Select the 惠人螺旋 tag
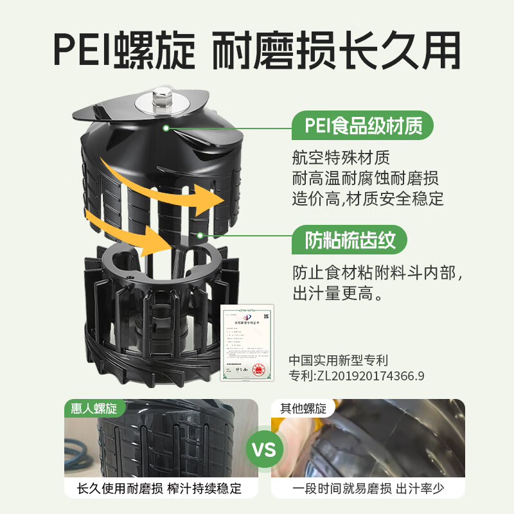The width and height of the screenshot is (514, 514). click(x=93, y=408)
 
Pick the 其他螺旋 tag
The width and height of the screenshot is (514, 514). click(x=303, y=408)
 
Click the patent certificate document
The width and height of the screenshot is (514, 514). click(x=247, y=343)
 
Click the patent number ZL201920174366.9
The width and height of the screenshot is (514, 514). click(x=357, y=376)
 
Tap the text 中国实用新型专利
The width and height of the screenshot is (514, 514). click(x=339, y=360)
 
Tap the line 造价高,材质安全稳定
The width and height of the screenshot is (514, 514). click(x=368, y=198)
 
